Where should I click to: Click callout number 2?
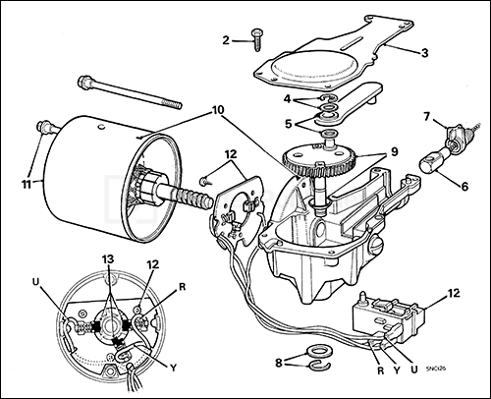point(225,40)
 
